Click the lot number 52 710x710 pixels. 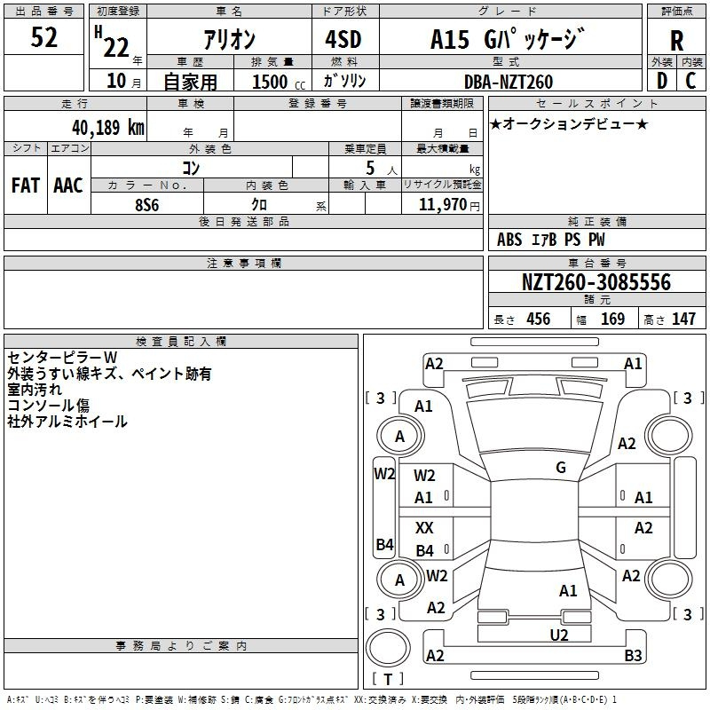[x=43, y=37]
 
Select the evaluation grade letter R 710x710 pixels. [x=676, y=41]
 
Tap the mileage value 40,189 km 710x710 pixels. [x=107, y=127]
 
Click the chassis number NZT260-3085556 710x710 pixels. [x=596, y=282]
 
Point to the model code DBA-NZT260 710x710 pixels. [x=508, y=82]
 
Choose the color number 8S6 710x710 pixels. [x=146, y=205]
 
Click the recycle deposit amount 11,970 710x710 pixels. [x=442, y=205]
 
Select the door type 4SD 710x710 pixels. [x=343, y=39]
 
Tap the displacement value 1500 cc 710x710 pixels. [x=279, y=82]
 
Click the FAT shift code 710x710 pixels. [x=26, y=185]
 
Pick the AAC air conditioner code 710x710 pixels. [x=68, y=185]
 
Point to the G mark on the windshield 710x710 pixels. [x=561, y=468]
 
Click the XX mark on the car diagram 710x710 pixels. [x=424, y=528]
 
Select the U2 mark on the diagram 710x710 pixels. [x=559, y=635]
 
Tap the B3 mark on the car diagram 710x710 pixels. [x=633, y=655]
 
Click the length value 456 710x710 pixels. [x=539, y=319]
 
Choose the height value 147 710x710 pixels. [x=683, y=319]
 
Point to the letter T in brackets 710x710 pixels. [x=388, y=679]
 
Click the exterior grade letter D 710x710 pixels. [x=662, y=81]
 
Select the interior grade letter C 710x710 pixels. [x=690, y=81]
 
